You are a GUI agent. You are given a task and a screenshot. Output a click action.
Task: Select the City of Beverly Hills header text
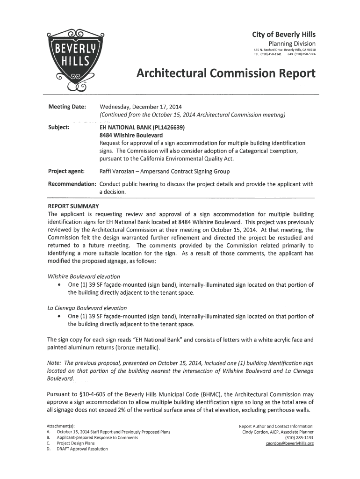284,35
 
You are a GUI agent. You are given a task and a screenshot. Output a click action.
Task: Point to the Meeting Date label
67,107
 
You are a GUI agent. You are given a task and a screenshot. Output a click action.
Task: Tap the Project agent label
66,172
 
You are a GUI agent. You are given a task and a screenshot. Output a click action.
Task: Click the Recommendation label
72,184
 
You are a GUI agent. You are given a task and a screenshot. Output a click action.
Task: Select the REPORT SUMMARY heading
73,206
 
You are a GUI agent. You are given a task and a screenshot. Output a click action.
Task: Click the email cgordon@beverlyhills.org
289,443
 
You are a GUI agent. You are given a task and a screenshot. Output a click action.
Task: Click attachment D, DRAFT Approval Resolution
82,449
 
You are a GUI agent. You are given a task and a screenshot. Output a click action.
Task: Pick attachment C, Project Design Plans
75,443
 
